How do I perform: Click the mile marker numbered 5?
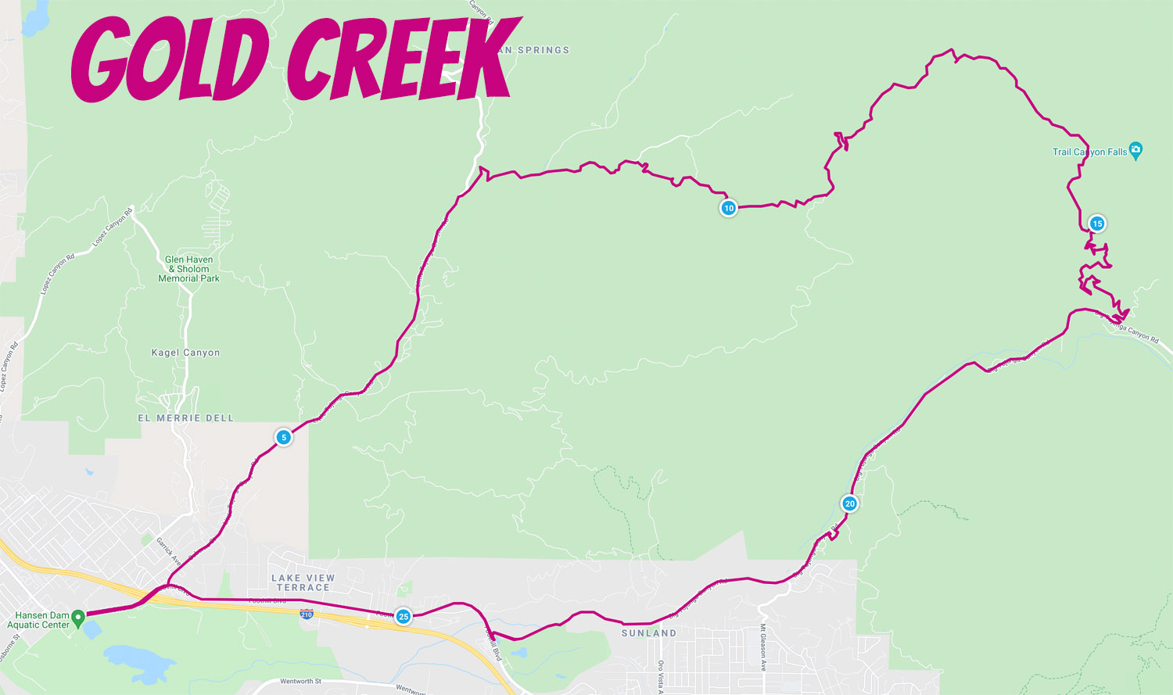point(284,437)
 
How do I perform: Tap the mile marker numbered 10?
point(729,208)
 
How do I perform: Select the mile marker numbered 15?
point(1097,224)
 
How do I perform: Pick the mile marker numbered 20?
point(850,503)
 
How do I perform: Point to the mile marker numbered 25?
point(404,617)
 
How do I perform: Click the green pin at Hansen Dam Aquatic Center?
point(78,618)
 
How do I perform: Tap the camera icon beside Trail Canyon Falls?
point(1136,150)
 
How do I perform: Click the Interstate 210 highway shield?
point(307,614)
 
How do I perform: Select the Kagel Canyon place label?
point(185,353)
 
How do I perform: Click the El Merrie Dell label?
point(186,418)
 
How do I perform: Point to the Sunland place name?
point(649,633)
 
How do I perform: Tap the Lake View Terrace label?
point(303,582)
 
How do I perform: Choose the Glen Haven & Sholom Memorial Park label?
point(188,269)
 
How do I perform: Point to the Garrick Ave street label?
point(168,551)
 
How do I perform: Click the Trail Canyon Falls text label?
point(1089,152)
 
